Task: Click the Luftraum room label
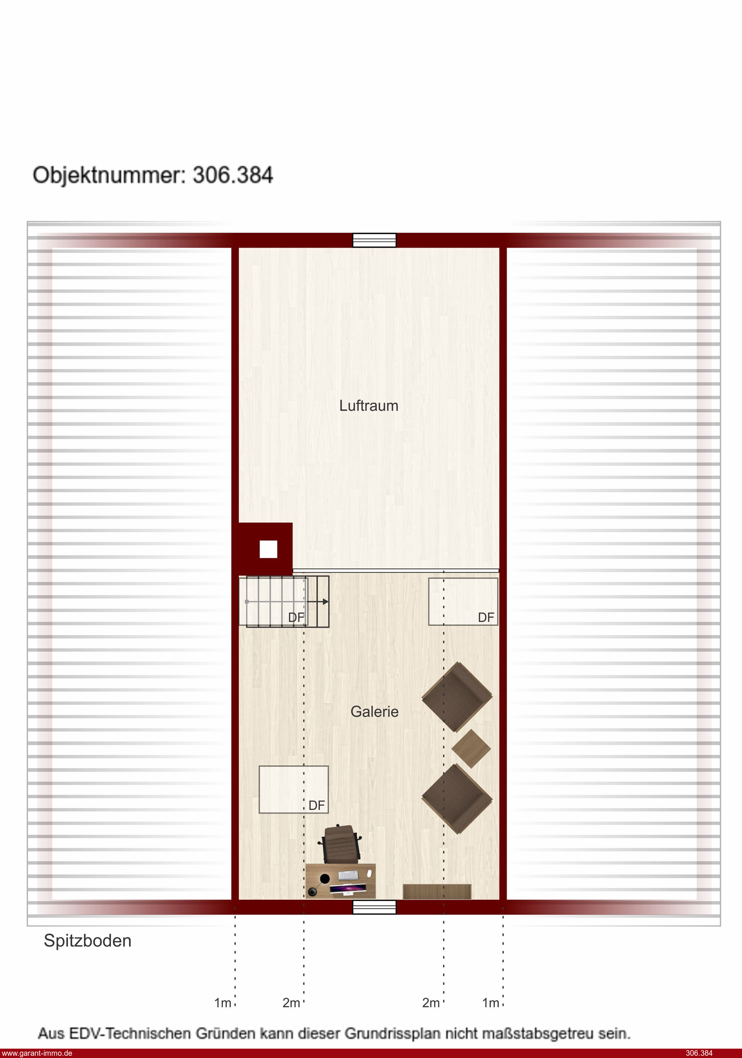click(369, 406)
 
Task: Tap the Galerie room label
click(374, 712)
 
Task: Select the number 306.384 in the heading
click(233, 175)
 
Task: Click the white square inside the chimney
click(268, 549)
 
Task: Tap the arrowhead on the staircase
click(325, 601)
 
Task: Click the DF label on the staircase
click(296, 618)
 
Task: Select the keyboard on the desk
click(348, 874)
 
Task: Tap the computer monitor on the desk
click(348, 888)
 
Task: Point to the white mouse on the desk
click(369, 872)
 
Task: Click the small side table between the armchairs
click(471, 748)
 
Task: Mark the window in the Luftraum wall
click(374, 240)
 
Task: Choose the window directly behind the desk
click(374, 907)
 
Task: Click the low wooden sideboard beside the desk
click(437, 892)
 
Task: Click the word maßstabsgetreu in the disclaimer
click(532, 1033)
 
